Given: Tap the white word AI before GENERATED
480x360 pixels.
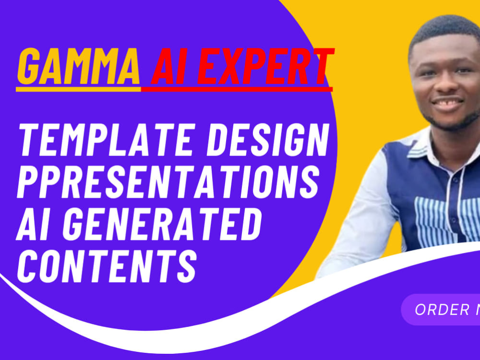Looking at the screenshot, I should (31, 226).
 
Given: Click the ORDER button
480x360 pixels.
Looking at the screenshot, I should (442, 310).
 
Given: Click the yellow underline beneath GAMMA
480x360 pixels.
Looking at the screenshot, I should (78, 89).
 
